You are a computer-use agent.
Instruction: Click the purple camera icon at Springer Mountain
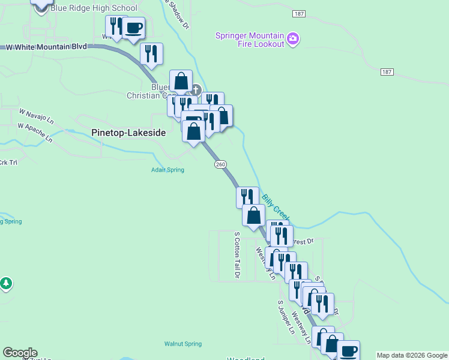tap(293, 39)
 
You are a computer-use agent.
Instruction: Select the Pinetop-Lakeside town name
tap(127, 133)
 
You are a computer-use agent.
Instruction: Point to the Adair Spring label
tap(167, 170)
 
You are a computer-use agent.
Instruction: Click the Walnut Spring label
tap(182, 344)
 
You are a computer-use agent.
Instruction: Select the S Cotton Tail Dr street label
tap(237, 255)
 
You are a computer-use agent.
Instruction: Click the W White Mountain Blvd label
tap(46, 46)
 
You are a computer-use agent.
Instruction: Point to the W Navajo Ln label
tap(36, 116)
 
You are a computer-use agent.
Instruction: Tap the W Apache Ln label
tap(34, 132)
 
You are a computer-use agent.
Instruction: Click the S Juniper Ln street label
tap(286, 317)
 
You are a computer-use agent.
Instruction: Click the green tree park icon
tap(6, 283)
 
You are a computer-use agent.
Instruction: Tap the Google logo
tap(20, 353)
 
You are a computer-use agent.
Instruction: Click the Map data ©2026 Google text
tap(412, 355)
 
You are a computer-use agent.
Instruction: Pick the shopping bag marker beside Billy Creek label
tap(253, 215)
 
